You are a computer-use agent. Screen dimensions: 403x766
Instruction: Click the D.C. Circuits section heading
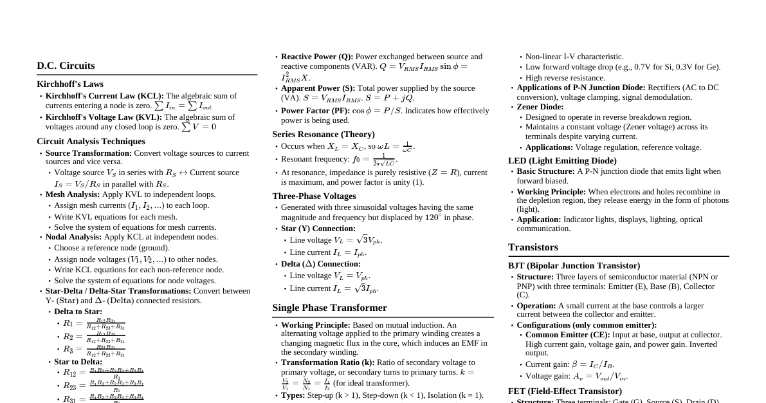tap(66, 66)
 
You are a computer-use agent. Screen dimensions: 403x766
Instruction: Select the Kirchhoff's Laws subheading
tap(70, 84)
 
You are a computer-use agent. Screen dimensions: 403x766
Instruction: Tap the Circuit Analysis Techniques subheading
tap(91, 142)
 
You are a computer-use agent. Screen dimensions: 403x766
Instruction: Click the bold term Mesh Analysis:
tap(73, 194)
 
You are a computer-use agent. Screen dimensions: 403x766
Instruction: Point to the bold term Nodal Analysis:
tap(73, 237)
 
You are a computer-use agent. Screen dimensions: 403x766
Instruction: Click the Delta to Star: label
tap(78, 312)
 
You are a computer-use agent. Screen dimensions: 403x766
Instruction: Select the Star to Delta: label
tap(78, 362)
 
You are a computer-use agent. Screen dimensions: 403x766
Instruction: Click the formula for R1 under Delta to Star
tap(94, 323)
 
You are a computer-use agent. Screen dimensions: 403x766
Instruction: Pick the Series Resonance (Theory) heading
tap(324, 135)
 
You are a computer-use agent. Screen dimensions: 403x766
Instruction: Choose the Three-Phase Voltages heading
tap(314, 196)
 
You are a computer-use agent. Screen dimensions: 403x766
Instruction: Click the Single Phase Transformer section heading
tap(329, 308)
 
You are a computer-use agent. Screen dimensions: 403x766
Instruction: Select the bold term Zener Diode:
tap(540, 107)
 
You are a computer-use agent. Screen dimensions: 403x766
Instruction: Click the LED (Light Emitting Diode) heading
tap(562, 161)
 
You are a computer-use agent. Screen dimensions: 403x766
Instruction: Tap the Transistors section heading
tap(533, 247)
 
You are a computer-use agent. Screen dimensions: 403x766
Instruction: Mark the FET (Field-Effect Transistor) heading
tap(565, 391)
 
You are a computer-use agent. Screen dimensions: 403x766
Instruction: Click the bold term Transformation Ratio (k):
tap(327, 362)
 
